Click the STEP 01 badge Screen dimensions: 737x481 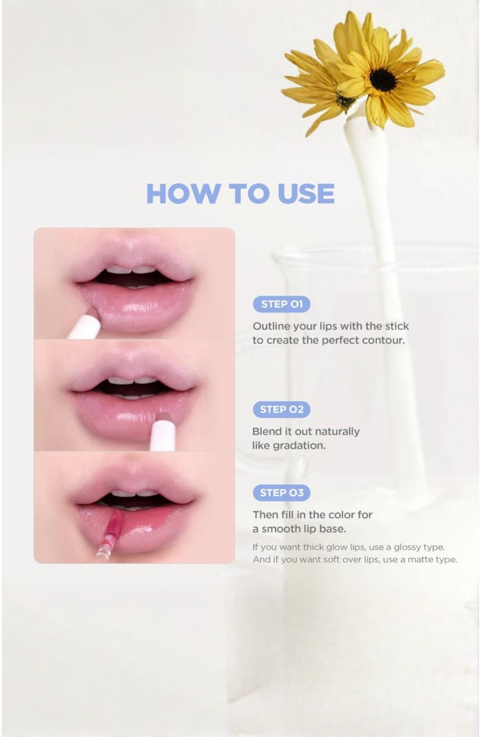point(282,304)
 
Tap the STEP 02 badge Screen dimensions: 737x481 point(281,410)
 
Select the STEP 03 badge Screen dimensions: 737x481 point(281,493)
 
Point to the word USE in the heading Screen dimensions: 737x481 point(306,194)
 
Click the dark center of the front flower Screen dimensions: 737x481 point(382,79)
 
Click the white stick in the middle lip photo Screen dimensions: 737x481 point(163,433)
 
